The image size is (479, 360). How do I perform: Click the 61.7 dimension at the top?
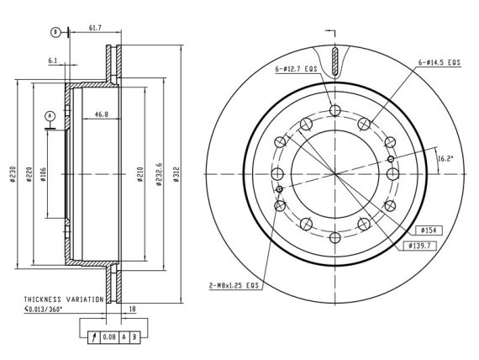pyautogui.click(x=95, y=28)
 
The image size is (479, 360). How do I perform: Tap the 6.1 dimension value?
pyautogui.click(x=53, y=61)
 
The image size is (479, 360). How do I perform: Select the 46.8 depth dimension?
pyautogui.click(x=102, y=114)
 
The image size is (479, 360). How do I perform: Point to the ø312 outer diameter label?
pyautogui.click(x=176, y=174)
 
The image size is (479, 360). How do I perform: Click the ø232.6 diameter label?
pyautogui.click(x=159, y=175)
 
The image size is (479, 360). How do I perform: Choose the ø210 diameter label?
pyautogui.click(x=140, y=174)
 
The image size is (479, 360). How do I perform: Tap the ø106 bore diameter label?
pyautogui.click(x=43, y=174)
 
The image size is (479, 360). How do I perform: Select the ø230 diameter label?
pyautogui.click(x=13, y=174)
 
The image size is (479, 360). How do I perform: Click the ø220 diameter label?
pyautogui.click(x=29, y=174)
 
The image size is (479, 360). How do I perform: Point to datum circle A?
pyautogui.click(x=50, y=116)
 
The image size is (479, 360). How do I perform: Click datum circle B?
pyautogui.click(x=55, y=32)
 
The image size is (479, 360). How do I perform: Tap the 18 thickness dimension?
pyautogui.click(x=132, y=310)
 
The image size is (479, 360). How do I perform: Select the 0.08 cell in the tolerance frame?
pyautogui.click(x=109, y=337)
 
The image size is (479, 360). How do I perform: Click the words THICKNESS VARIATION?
pyautogui.click(x=64, y=299)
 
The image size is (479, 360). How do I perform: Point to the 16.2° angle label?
pyautogui.click(x=445, y=158)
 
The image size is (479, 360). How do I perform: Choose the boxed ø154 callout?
pyautogui.click(x=429, y=230)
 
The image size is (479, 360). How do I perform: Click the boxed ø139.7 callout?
pyautogui.click(x=419, y=246)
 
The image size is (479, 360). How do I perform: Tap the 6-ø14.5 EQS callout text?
pyautogui.click(x=439, y=62)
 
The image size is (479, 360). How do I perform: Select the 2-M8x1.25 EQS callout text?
pyautogui.click(x=234, y=286)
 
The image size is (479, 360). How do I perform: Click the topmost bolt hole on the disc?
pyautogui.click(x=335, y=110)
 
